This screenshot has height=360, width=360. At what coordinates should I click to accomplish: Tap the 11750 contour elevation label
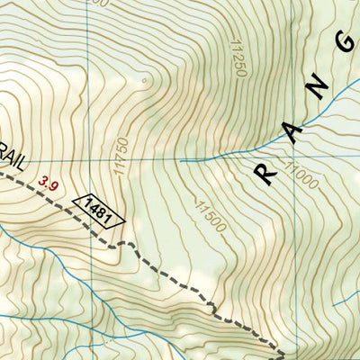[115, 152]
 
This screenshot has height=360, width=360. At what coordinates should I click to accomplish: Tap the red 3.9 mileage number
[49, 185]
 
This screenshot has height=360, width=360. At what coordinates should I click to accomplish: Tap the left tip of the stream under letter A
[182, 160]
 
